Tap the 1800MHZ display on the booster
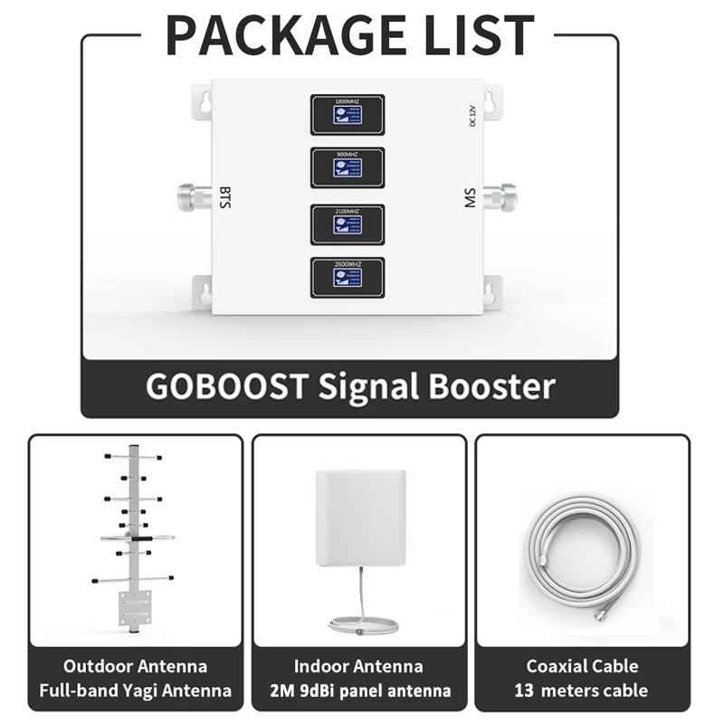coord(348,114)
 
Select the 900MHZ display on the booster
coord(348,167)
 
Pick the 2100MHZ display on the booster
coord(348,224)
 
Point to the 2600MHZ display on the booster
coord(348,277)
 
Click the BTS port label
coord(225,196)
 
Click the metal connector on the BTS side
coord(194,195)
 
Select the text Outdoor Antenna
coord(136,667)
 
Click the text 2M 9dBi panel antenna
coord(359,691)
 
